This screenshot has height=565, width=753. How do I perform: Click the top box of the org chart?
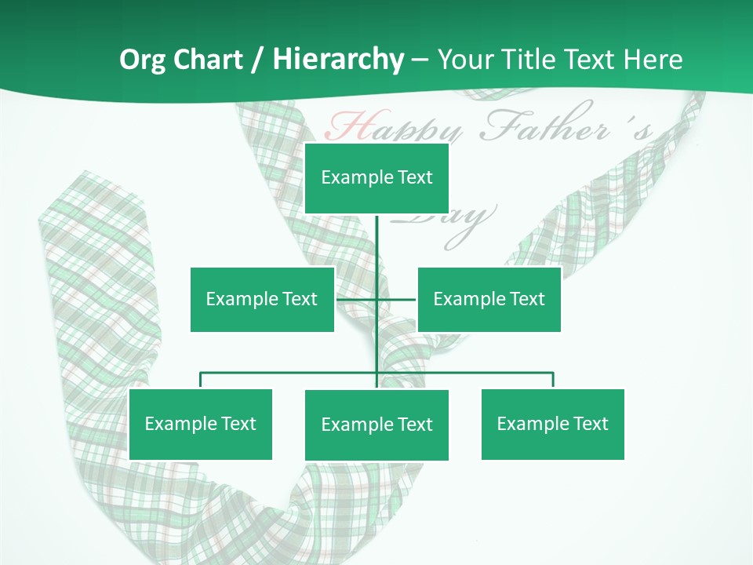tap(376, 178)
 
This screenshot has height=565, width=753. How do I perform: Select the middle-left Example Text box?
tap(262, 299)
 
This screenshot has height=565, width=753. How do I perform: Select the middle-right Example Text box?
tap(489, 299)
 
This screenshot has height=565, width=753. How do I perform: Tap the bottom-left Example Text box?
tap(200, 424)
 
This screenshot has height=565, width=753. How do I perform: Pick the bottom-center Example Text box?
tap(376, 425)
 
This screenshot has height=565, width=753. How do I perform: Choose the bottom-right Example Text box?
tap(552, 424)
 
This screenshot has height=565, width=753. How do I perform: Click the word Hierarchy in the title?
tap(338, 60)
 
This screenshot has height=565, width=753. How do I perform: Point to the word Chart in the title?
tap(211, 60)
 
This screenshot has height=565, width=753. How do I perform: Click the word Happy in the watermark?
tap(392, 127)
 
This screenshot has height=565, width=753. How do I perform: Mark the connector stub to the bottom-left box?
tap(200, 381)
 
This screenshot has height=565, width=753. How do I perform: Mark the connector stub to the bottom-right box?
tap(553, 381)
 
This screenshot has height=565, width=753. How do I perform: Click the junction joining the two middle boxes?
tap(376, 299)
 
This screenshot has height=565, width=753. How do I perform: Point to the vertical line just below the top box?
tap(376, 235)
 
